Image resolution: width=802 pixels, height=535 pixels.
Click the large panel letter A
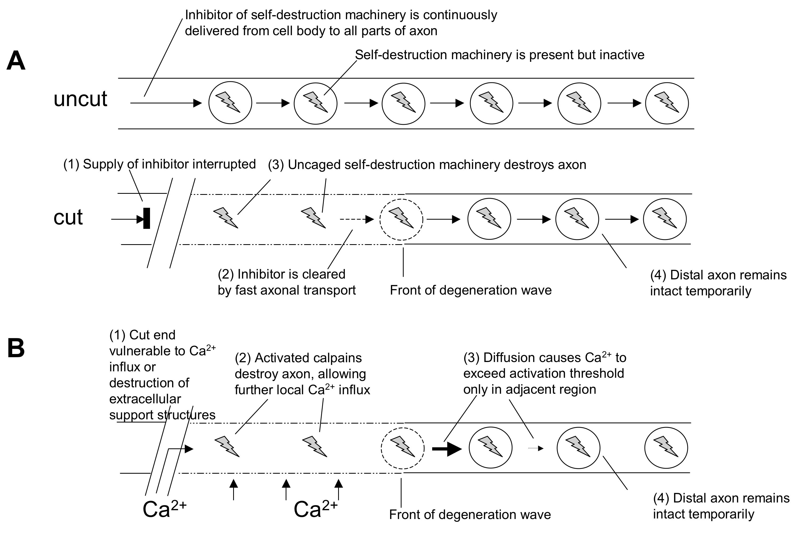pos(16,61)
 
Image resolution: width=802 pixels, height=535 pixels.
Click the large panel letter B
pos(16,348)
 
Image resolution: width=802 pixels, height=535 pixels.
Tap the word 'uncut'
pos(80,99)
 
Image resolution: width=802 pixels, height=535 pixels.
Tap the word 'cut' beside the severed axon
pos(68,217)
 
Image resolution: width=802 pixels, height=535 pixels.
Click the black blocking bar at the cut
pos(147,218)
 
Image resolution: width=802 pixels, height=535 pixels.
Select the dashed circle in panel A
pos(401,219)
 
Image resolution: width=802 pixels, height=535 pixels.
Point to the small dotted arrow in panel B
pos(536,448)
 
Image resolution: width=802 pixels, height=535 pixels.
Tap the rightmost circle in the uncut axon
pos(667,103)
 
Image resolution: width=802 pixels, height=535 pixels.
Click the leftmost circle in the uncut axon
pos(230,103)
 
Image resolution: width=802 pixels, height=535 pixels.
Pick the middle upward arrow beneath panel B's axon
pos(286,490)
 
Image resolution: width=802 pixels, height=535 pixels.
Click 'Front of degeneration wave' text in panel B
pos(470,514)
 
